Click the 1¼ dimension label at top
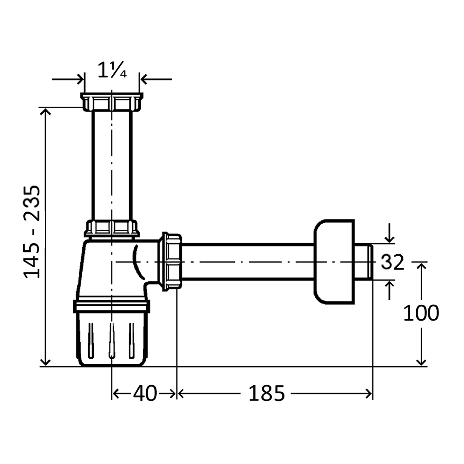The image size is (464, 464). tap(112, 70)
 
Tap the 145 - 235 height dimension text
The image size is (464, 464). tap(32, 232)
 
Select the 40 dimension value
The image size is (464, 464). tap(145, 393)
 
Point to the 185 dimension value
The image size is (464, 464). tap(266, 393)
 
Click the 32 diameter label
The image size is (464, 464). tap(393, 262)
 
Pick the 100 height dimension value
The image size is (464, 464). tap(421, 313)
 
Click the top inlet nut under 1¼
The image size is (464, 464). tap(112, 102)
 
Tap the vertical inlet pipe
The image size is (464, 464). tap(112, 166)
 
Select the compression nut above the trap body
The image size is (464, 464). tap(112, 229)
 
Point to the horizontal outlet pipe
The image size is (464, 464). tap(248, 262)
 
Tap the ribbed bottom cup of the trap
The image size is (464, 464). tap(112, 339)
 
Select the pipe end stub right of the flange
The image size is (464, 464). tap(364, 262)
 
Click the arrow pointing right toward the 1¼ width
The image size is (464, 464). tap(68, 79)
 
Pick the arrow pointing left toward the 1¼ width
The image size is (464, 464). tap(156, 79)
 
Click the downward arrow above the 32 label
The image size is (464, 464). tap(390, 233)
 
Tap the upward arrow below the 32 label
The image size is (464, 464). tap(390, 290)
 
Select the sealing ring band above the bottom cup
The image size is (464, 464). tap(112, 306)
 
